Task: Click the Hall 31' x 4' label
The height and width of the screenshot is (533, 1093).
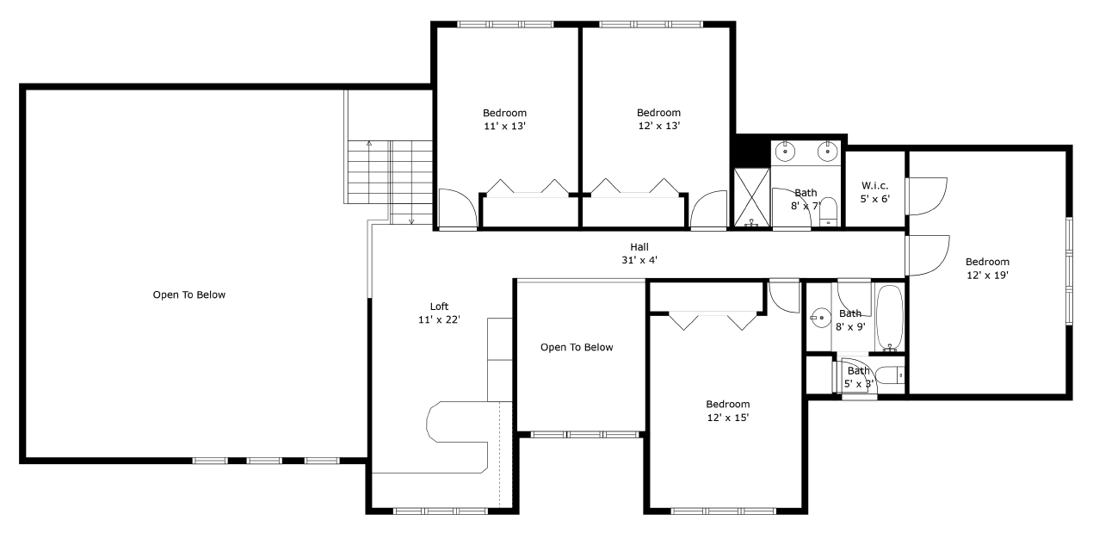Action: tap(639, 253)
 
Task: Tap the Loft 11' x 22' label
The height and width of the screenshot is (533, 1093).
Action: tap(439, 313)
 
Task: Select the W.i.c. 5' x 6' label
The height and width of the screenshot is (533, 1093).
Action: tap(875, 192)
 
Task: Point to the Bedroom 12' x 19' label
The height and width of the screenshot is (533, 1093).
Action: tap(987, 269)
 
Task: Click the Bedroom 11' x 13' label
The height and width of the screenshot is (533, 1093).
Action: tap(504, 119)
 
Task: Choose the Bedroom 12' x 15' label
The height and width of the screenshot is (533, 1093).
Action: tap(727, 411)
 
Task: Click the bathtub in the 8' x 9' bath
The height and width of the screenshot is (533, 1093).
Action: tap(889, 318)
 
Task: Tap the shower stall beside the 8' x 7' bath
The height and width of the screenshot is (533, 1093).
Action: tap(751, 197)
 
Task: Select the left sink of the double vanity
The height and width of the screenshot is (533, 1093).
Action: tap(785, 152)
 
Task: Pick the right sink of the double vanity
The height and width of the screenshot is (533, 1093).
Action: tap(828, 152)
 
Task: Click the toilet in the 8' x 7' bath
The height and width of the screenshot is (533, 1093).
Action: tap(828, 211)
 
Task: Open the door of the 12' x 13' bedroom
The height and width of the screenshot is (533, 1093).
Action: tap(708, 211)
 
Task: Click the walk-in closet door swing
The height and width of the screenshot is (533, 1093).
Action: tap(926, 196)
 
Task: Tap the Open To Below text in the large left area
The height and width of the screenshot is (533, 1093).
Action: tap(188, 294)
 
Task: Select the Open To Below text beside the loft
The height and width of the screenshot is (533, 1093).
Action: tap(577, 347)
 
